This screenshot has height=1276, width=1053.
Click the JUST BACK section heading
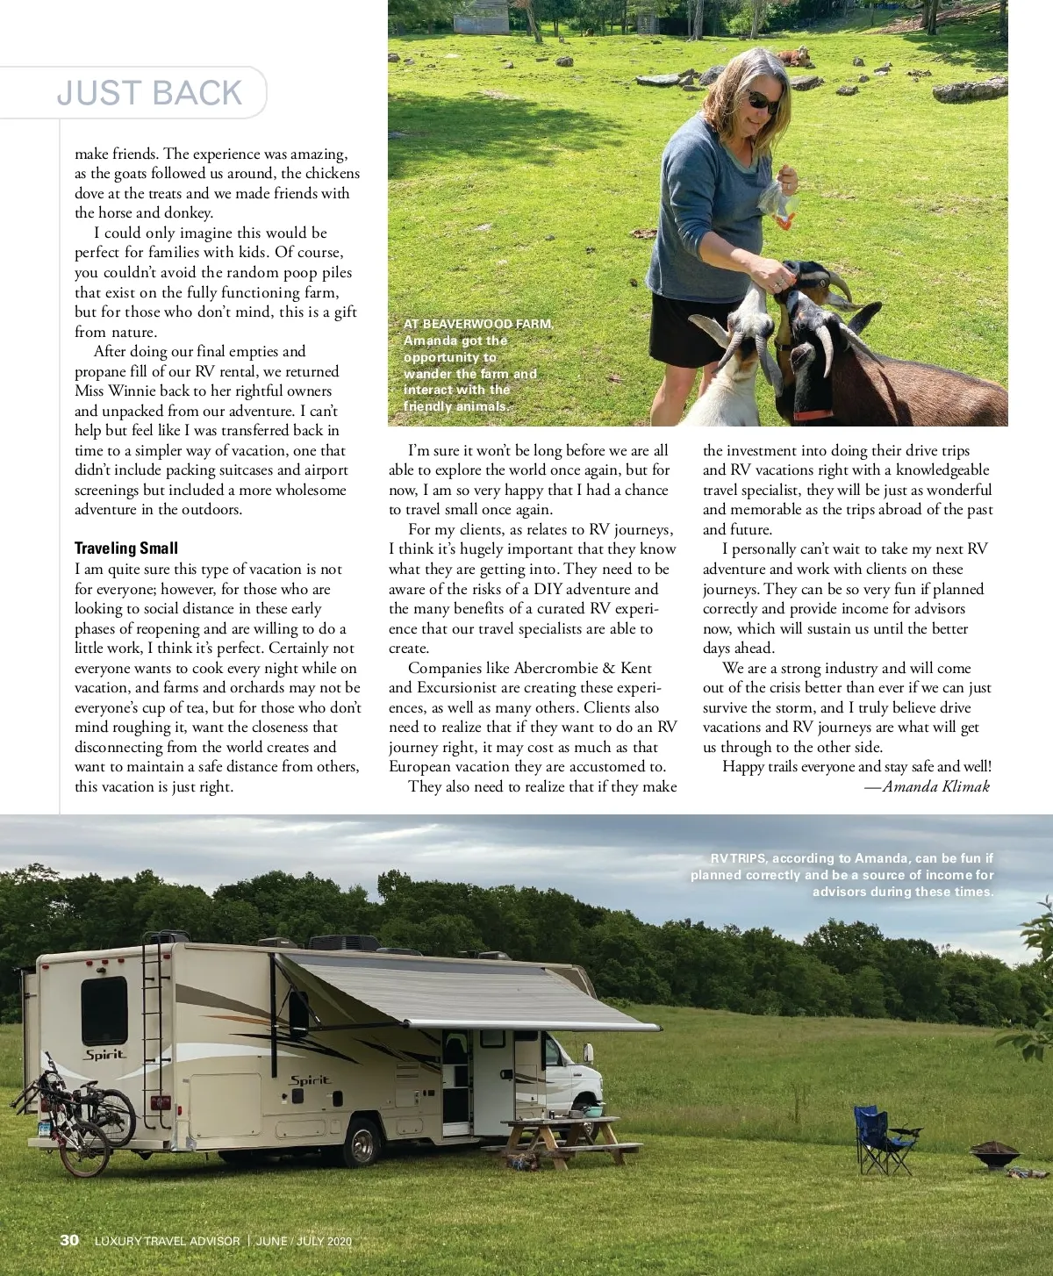(x=149, y=93)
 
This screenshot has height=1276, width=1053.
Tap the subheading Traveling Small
(x=126, y=548)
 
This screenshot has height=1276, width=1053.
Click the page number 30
(x=69, y=1240)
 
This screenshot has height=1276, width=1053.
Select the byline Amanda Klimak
(x=935, y=786)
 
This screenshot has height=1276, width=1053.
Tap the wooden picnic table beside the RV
(x=566, y=1141)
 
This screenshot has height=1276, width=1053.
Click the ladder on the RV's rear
(x=155, y=1036)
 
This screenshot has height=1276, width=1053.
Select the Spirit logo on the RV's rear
(x=104, y=1054)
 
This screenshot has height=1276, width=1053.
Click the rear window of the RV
(x=104, y=1009)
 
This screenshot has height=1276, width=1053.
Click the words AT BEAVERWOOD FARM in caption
(x=478, y=324)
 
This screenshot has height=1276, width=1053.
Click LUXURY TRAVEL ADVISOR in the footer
(x=167, y=1241)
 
